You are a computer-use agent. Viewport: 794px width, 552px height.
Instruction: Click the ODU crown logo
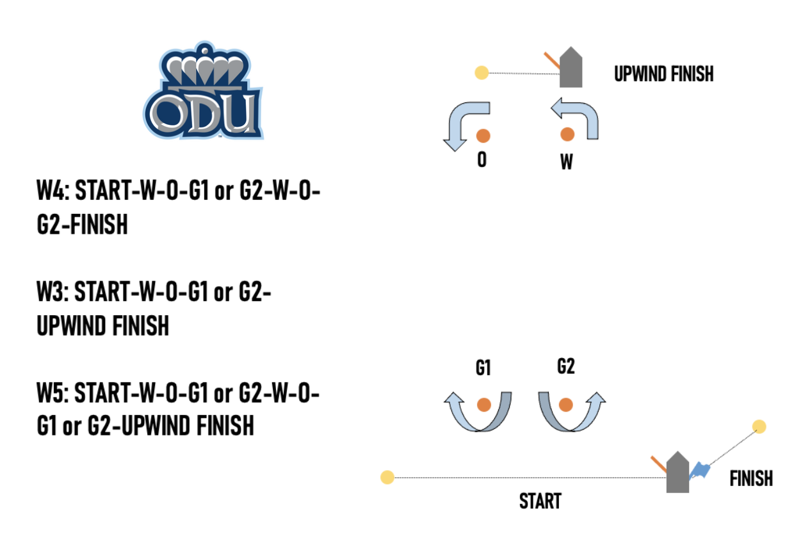tap(203, 93)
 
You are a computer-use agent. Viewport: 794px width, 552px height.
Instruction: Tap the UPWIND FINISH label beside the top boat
tap(663, 74)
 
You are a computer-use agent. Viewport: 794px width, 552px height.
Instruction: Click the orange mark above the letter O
tap(483, 135)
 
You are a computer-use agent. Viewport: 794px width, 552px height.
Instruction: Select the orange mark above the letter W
tap(567, 134)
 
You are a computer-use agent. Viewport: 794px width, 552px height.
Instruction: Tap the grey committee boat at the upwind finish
tap(571, 68)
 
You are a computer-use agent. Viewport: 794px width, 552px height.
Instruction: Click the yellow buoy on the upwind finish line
tap(482, 73)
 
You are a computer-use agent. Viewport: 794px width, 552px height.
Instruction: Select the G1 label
tap(483, 368)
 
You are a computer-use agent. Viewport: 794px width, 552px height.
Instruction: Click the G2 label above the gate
tap(566, 366)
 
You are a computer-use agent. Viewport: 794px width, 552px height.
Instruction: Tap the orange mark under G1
tap(483, 405)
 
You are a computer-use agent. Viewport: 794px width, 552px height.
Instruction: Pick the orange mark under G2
tap(565, 405)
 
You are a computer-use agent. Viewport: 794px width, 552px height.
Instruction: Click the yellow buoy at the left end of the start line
tap(387, 477)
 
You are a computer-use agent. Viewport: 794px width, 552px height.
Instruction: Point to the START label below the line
tap(540, 501)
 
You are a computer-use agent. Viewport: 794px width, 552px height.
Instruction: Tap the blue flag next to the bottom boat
tap(699, 471)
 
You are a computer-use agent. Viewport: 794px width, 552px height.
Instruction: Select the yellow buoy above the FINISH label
tap(759, 426)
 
